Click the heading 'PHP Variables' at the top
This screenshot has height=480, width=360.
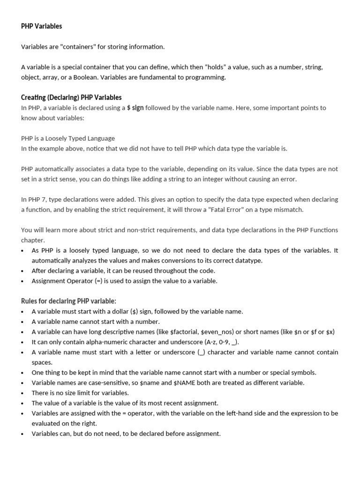pos(41,26)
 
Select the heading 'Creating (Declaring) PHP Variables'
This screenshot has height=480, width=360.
pos(71,97)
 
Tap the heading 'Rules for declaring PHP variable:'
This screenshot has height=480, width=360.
pos(68,301)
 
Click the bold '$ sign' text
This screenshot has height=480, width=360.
pos(135,108)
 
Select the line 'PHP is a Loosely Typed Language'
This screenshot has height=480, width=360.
pos(68,138)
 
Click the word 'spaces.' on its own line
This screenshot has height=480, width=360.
pos(42,362)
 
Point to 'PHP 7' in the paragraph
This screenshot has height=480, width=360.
pos(37,199)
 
